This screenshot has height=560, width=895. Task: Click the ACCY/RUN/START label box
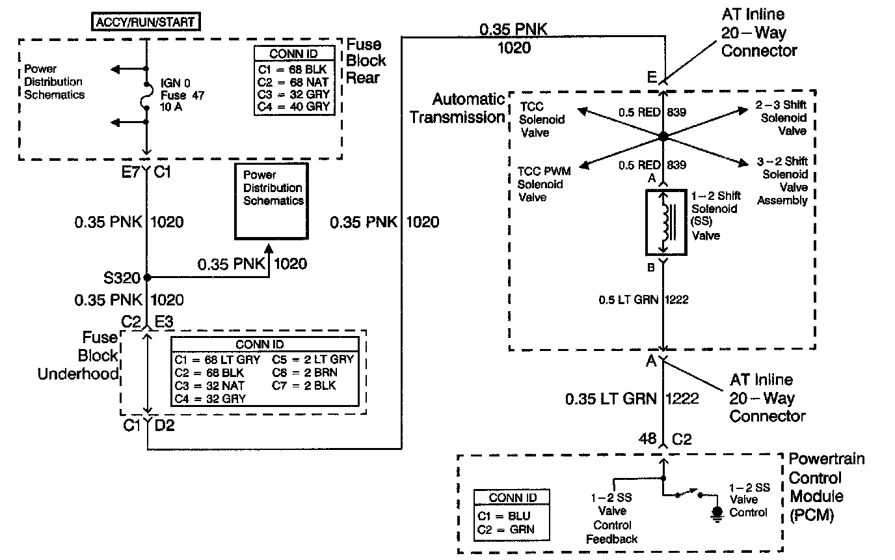pos(145,22)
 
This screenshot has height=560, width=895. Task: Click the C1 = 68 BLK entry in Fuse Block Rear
pos(295,68)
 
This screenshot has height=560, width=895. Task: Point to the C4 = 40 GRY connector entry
pos(295,106)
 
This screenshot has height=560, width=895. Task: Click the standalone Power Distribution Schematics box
pos(273,203)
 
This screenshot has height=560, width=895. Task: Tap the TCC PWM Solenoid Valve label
pos(544,184)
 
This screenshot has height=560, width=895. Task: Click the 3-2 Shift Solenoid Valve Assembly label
pos(782,180)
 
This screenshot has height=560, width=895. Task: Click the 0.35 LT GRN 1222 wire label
pos(632,399)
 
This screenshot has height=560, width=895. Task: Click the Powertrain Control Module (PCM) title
pos(826,487)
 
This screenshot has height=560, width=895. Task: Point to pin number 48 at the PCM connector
pos(647,440)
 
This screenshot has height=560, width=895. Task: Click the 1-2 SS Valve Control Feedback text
pos(611,518)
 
